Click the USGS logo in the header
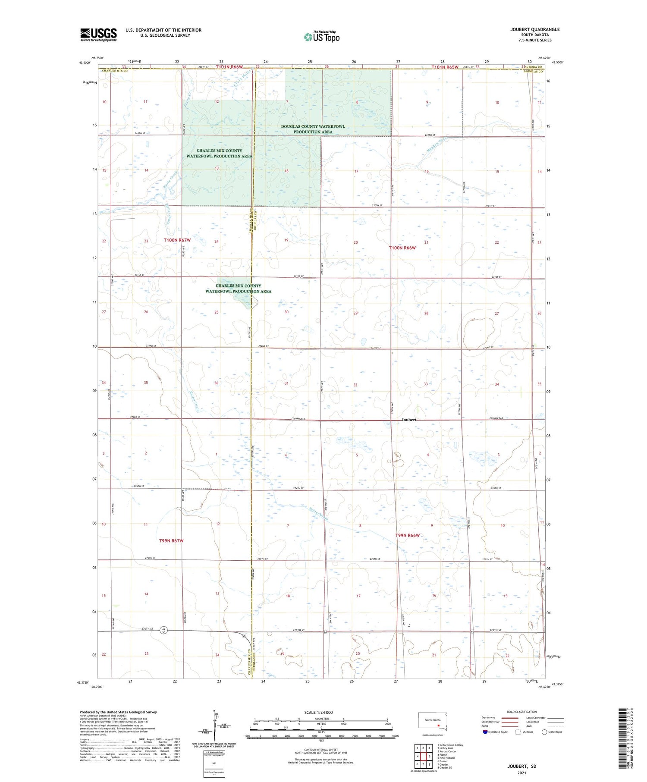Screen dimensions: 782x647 tap(98, 35)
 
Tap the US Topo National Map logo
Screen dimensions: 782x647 tap(321, 37)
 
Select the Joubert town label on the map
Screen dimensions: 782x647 tap(408, 420)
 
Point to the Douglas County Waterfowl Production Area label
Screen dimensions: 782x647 tap(313, 129)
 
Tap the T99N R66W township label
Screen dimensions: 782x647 tap(407, 535)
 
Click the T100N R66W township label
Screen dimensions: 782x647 tap(402, 248)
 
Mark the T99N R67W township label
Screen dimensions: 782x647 tap(171, 540)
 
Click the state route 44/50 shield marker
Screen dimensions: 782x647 tap(164, 630)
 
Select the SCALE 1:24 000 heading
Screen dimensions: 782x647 tap(318, 712)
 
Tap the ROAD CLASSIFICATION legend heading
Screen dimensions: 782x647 tap(521, 712)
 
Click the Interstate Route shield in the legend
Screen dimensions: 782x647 tap(485, 732)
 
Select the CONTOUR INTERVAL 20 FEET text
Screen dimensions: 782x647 tap(321, 750)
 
